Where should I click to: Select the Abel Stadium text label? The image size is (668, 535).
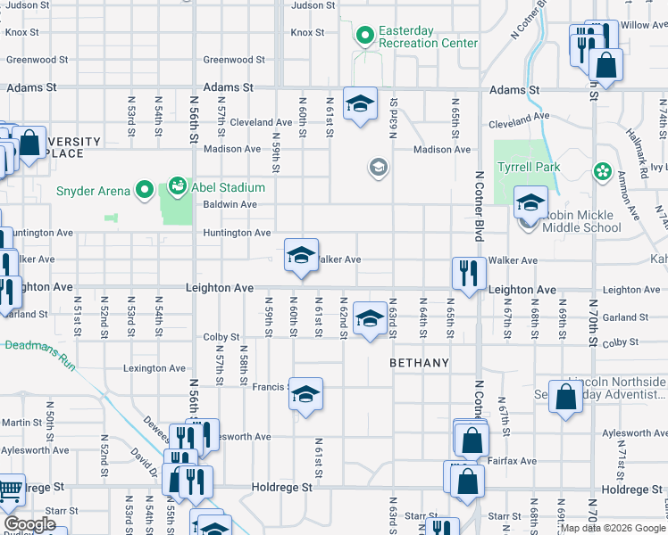(231, 187)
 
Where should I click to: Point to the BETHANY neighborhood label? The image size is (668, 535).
(419, 364)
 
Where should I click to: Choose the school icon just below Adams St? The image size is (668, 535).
(360, 103)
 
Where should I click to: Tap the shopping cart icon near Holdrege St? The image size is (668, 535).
(9, 490)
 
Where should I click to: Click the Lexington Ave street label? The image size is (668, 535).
(154, 368)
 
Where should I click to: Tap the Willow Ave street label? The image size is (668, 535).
(647, 25)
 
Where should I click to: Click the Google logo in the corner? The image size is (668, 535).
(29, 525)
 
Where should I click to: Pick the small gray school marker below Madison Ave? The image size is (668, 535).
(379, 167)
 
